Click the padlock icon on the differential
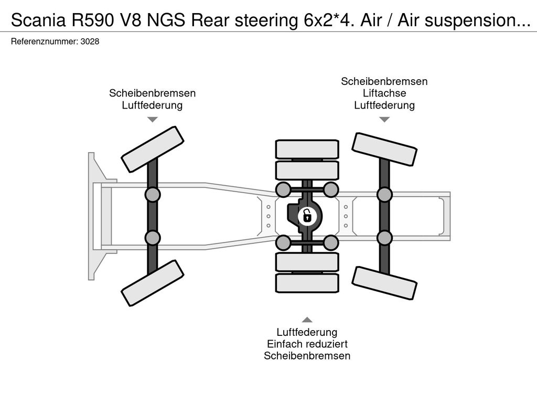[307, 216]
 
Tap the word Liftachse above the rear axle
[384, 93]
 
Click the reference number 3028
[90, 41]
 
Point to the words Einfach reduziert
[307, 344]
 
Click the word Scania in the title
[38, 20]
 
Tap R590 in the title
[92, 20]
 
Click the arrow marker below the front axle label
[153, 119]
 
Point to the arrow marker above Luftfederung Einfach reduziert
[307, 320]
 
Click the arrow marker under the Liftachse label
[384, 119]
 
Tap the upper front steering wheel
[153, 145]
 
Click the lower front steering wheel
[153, 283]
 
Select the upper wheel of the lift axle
[384, 150]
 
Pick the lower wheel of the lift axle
[384, 283]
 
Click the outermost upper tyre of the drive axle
[307, 150]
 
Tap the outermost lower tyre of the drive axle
[307, 283]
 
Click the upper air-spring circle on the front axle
[153, 195]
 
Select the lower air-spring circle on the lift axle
[384, 238]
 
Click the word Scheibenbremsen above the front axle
[153, 93]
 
